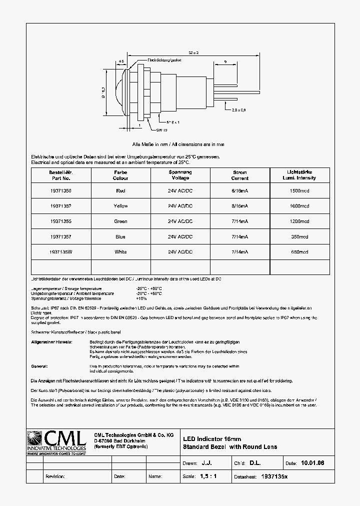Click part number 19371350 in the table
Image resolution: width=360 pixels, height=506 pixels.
coord(60,190)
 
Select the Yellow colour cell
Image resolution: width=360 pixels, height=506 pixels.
coord(120,206)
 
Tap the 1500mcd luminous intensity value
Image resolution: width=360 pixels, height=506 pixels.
coord(299,190)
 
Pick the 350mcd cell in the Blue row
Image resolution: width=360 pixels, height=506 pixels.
coord(299,236)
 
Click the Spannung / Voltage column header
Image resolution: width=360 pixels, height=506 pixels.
coord(180,175)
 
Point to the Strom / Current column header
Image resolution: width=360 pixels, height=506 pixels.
coord(240,175)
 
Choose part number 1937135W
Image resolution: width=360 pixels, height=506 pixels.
coord(60,252)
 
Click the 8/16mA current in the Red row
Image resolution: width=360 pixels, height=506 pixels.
coord(240,190)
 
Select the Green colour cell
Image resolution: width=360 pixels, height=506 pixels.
coord(120,221)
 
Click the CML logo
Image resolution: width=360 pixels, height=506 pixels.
coord(57,441)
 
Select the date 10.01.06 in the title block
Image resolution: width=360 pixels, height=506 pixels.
coord(312,463)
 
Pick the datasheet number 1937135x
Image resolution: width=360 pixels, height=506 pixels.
coord(275,476)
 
